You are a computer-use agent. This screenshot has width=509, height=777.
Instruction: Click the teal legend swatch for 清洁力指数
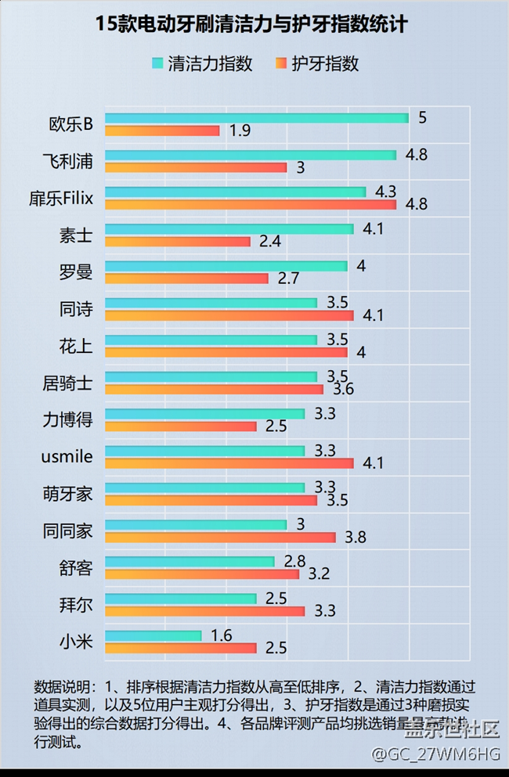[157, 63]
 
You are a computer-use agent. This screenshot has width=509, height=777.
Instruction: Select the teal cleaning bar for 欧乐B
[256, 118]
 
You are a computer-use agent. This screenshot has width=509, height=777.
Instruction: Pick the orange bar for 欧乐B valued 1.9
[162, 131]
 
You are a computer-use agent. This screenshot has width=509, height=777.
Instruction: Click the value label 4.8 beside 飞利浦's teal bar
[416, 155]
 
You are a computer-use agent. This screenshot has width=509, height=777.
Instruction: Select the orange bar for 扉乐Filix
[251, 205]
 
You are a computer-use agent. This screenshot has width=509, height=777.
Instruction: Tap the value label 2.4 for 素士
[270, 242]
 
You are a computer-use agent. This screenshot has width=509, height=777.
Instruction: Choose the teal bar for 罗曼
[226, 266]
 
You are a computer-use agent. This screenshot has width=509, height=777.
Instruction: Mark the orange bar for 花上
[226, 352]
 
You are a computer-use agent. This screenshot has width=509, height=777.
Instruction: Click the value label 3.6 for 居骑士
[343, 389]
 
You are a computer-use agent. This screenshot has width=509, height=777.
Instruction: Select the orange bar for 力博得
[180, 426]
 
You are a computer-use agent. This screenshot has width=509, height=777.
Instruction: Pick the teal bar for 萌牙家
[204, 487]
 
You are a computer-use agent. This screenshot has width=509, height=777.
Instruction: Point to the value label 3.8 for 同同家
[356, 538]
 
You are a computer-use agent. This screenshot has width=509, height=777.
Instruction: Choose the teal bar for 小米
[153, 635]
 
